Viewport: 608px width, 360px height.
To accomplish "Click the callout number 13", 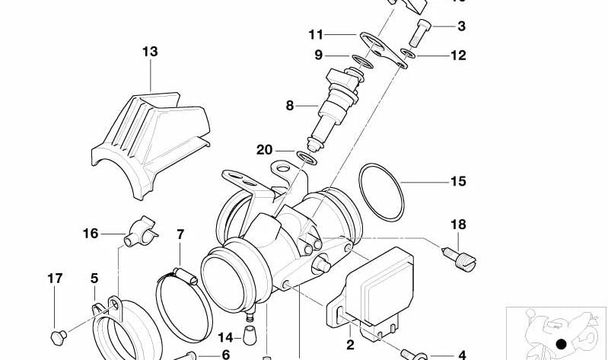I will pyautogui.click(x=150, y=52).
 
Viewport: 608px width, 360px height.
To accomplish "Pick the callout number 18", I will pyautogui.click(x=457, y=225).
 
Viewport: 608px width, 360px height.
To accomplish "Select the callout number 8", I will pyautogui.click(x=289, y=106).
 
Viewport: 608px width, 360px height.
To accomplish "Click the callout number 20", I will pyautogui.click(x=264, y=150).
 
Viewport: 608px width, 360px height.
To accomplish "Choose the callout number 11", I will pyautogui.click(x=316, y=34).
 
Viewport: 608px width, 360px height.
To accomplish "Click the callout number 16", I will pyautogui.click(x=91, y=234).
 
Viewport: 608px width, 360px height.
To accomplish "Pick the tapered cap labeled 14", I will pyautogui.click(x=250, y=333).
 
